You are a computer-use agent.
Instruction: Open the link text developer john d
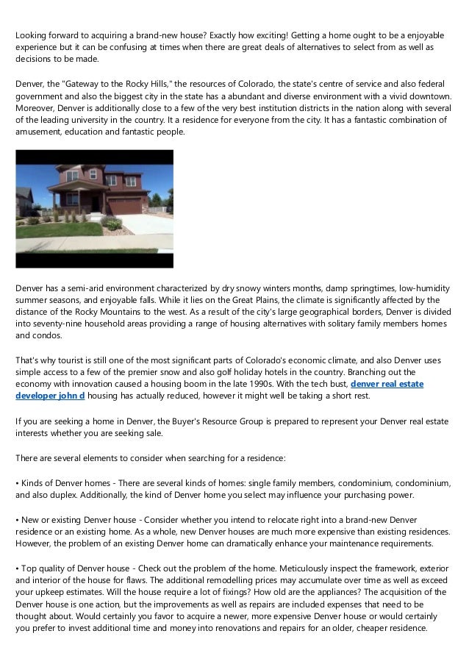click(x=50, y=396)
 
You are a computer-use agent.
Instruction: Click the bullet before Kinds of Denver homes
click(x=18, y=484)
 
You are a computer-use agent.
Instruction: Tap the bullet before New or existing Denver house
click(x=18, y=521)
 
